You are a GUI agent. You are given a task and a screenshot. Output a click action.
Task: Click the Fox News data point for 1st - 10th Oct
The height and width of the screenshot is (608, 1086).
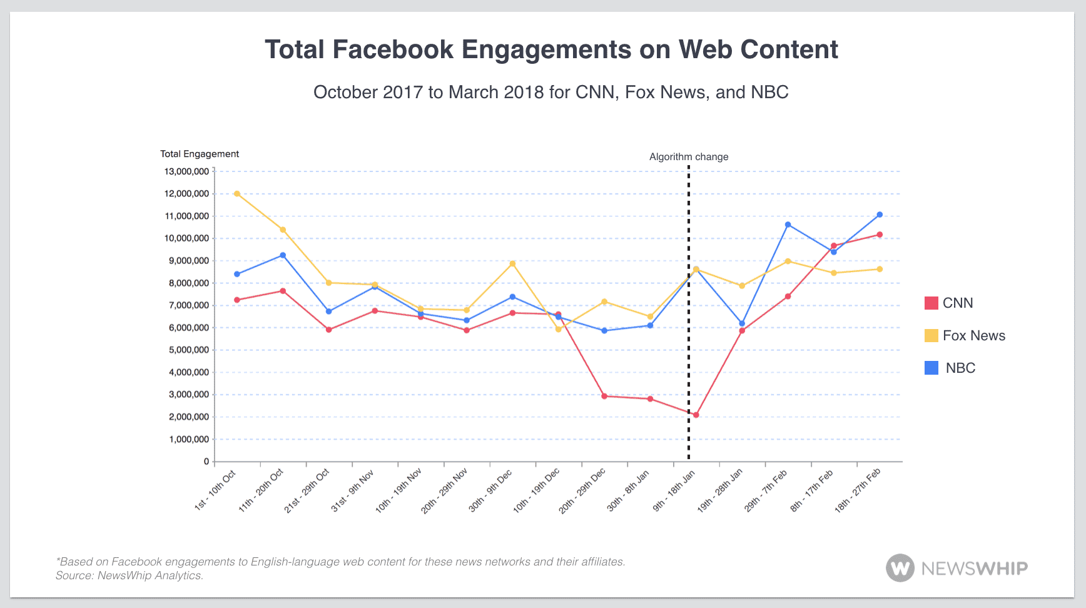[237, 194]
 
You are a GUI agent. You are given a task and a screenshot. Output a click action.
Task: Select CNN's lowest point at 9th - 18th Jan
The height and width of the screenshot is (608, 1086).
[696, 415]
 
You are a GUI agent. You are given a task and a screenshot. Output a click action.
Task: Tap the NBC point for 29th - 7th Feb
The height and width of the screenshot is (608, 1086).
[788, 225]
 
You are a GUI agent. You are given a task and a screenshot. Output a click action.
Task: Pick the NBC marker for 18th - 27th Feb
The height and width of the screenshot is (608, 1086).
[880, 215]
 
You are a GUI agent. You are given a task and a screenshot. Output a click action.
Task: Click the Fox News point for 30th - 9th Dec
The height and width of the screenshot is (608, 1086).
[512, 264]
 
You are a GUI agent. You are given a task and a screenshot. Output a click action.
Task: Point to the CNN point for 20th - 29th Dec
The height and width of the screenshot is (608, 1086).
[604, 396]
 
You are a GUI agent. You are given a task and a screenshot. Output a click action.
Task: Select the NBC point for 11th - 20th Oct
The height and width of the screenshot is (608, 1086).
[283, 255]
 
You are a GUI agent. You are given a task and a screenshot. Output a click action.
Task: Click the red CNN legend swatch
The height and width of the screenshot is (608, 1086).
[931, 303]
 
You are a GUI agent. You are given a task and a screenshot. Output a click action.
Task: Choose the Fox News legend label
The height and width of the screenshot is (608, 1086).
[973, 336]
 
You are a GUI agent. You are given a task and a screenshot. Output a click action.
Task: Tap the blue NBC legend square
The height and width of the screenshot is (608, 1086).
[931, 368]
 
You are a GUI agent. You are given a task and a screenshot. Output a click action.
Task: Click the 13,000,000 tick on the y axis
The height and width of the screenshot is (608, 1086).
[186, 171]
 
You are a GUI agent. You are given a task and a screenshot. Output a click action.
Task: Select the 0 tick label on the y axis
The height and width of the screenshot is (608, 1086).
[206, 462]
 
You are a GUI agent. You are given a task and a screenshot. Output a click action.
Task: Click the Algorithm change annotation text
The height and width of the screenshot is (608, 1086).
[689, 157]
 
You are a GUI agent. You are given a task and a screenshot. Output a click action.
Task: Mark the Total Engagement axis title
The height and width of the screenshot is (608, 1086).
[200, 154]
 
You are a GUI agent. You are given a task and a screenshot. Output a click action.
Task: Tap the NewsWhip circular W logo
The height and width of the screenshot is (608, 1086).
[900, 568]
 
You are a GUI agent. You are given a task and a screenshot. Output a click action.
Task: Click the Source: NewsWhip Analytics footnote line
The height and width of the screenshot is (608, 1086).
[129, 575]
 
